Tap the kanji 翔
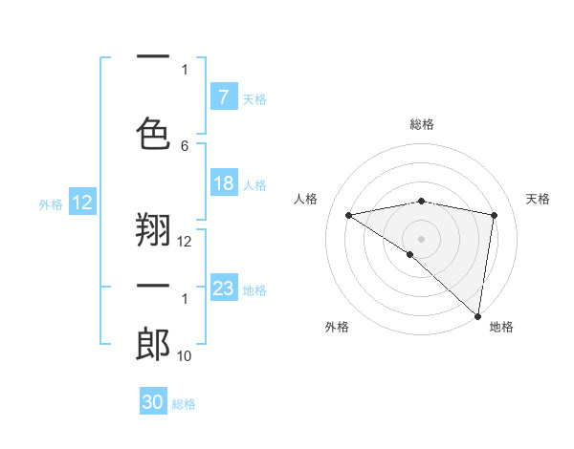pyautogui.click(x=153, y=229)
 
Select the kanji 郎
pyautogui.click(x=153, y=344)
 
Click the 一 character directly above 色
pyautogui.click(x=153, y=58)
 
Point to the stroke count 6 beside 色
pyautogui.click(x=185, y=145)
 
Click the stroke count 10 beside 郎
pyautogui.click(x=185, y=356)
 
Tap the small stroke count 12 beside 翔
pyautogui.click(x=185, y=242)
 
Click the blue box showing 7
pyautogui.click(x=224, y=97)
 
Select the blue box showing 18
pyautogui.click(x=224, y=183)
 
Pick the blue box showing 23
pyautogui.click(x=224, y=289)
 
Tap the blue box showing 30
pyautogui.click(x=153, y=402)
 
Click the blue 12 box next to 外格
pyautogui.click(x=82, y=203)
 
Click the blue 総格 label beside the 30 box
pyautogui.click(x=184, y=404)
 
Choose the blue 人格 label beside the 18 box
pyautogui.click(x=254, y=184)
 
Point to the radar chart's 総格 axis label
pyautogui.click(x=421, y=124)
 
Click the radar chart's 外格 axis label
pyautogui.click(x=337, y=327)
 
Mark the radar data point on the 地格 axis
pyautogui.click(x=477, y=315)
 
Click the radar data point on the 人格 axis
pyautogui.click(x=348, y=215)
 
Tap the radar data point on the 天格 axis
pyautogui.click(x=494, y=215)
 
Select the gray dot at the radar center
pyautogui.click(x=421, y=238)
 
